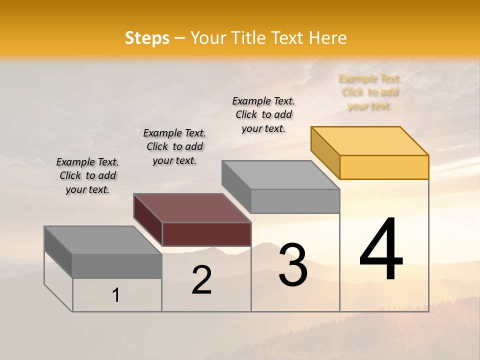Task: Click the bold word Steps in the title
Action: tap(147, 38)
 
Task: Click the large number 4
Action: tap(381, 249)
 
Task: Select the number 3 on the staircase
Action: tap(293, 265)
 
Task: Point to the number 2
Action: tap(202, 280)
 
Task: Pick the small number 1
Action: tap(115, 295)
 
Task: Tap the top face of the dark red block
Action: tap(192, 208)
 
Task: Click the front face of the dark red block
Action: tap(206, 234)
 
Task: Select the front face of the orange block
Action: tap(384, 167)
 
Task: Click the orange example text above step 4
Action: tap(370, 92)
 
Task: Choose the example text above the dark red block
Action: tap(174, 147)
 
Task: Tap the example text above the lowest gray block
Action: tap(87, 176)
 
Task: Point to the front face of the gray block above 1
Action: tap(117, 266)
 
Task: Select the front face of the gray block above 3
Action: tap(295, 201)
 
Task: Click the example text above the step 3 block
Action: tap(263, 114)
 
